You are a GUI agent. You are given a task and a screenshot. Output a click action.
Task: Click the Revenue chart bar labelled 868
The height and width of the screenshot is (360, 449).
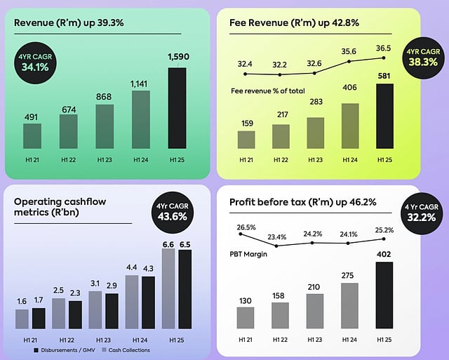105,126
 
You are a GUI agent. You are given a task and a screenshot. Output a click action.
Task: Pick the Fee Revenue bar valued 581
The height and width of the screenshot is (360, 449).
385,116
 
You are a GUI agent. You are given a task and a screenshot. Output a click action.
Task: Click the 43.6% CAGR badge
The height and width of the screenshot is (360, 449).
170,211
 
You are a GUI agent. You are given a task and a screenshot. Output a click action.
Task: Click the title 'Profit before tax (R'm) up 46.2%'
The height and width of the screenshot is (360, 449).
302,203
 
